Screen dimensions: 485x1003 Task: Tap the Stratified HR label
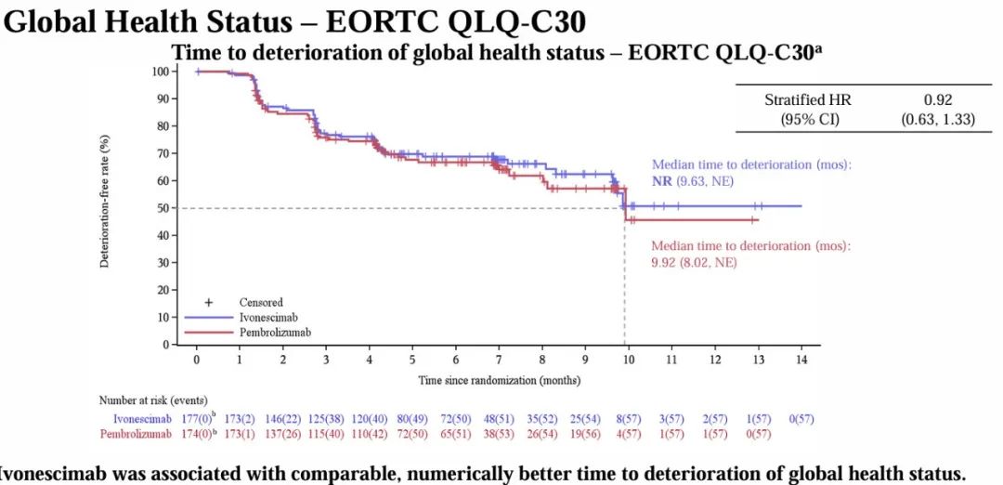coord(807,99)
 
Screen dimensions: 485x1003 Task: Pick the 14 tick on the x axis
coord(801,359)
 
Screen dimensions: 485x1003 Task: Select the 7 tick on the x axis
coord(499,359)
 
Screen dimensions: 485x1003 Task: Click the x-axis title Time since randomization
coord(499,380)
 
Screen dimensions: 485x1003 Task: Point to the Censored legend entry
coord(261,302)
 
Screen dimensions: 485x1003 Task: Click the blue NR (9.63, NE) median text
coord(692,181)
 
